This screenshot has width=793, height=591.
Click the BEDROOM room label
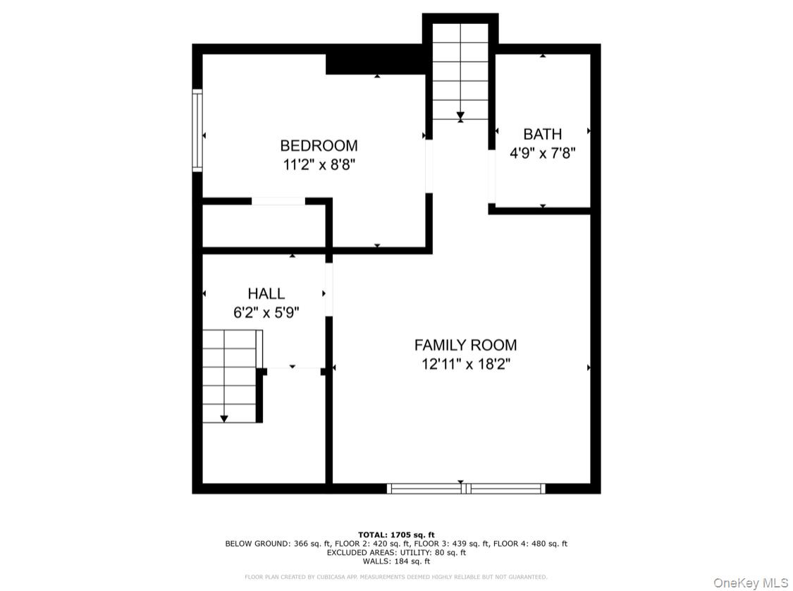pyautogui.click(x=319, y=146)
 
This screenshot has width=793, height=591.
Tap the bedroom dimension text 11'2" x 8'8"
pyautogui.click(x=319, y=164)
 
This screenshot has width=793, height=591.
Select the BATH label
pyautogui.click(x=542, y=134)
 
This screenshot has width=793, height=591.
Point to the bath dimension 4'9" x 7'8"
pyautogui.click(x=542, y=153)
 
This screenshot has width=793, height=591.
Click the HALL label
pyautogui.click(x=266, y=293)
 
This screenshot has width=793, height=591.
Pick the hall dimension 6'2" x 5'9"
pyautogui.click(x=266, y=312)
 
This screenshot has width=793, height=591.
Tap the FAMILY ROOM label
pyautogui.click(x=465, y=345)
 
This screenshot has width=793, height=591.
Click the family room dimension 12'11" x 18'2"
pyautogui.click(x=466, y=364)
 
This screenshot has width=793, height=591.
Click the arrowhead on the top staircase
pyautogui.click(x=460, y=117)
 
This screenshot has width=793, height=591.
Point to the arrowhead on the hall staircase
pyautogui.click(x=224, y=418)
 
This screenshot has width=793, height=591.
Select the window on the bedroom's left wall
pyautogui.click(x=197, y=130)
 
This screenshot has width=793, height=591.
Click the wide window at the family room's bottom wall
pyautogui.click(x=466, y=488)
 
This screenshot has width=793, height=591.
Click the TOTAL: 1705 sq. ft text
pyautogui.click(x=396, y=535)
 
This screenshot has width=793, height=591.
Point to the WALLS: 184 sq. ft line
pyautogui.click(x=396, y=561)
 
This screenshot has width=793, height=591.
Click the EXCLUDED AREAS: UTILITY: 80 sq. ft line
pyautogui.click(x=396, y=552)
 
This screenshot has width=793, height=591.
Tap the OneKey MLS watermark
pyautogui.click(x=751, y=583)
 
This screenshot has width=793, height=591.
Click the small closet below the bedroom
pyautogui.click(x=264, y=226)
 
